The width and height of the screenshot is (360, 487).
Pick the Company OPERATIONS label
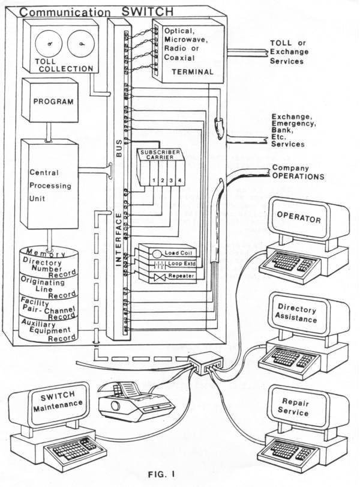click(x=298, y=172)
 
